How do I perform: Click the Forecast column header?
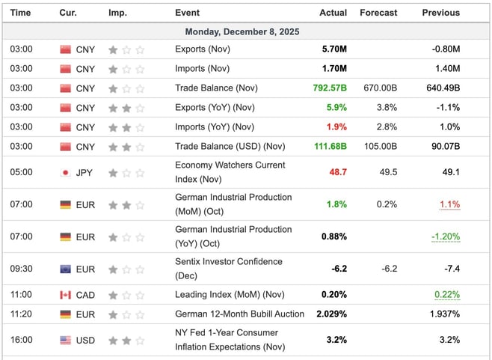tap(378, 13)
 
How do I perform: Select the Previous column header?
tap(440, 13)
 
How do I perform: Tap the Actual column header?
tap(333, 13)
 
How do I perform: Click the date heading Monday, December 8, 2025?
tap(246, 31)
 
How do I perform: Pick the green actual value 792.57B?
tap(330, 88)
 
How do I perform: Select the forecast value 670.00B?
tap(380, 88)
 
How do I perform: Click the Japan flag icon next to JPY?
tap(65, 172)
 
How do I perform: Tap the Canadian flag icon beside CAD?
tap(65, 295)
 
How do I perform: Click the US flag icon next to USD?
tap(65, 340)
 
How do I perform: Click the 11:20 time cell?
tap(21, 314)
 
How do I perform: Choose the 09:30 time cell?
tap(21, 269)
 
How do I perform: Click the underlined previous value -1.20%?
tap(445, 237)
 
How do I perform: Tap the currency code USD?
tap(86, 340)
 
